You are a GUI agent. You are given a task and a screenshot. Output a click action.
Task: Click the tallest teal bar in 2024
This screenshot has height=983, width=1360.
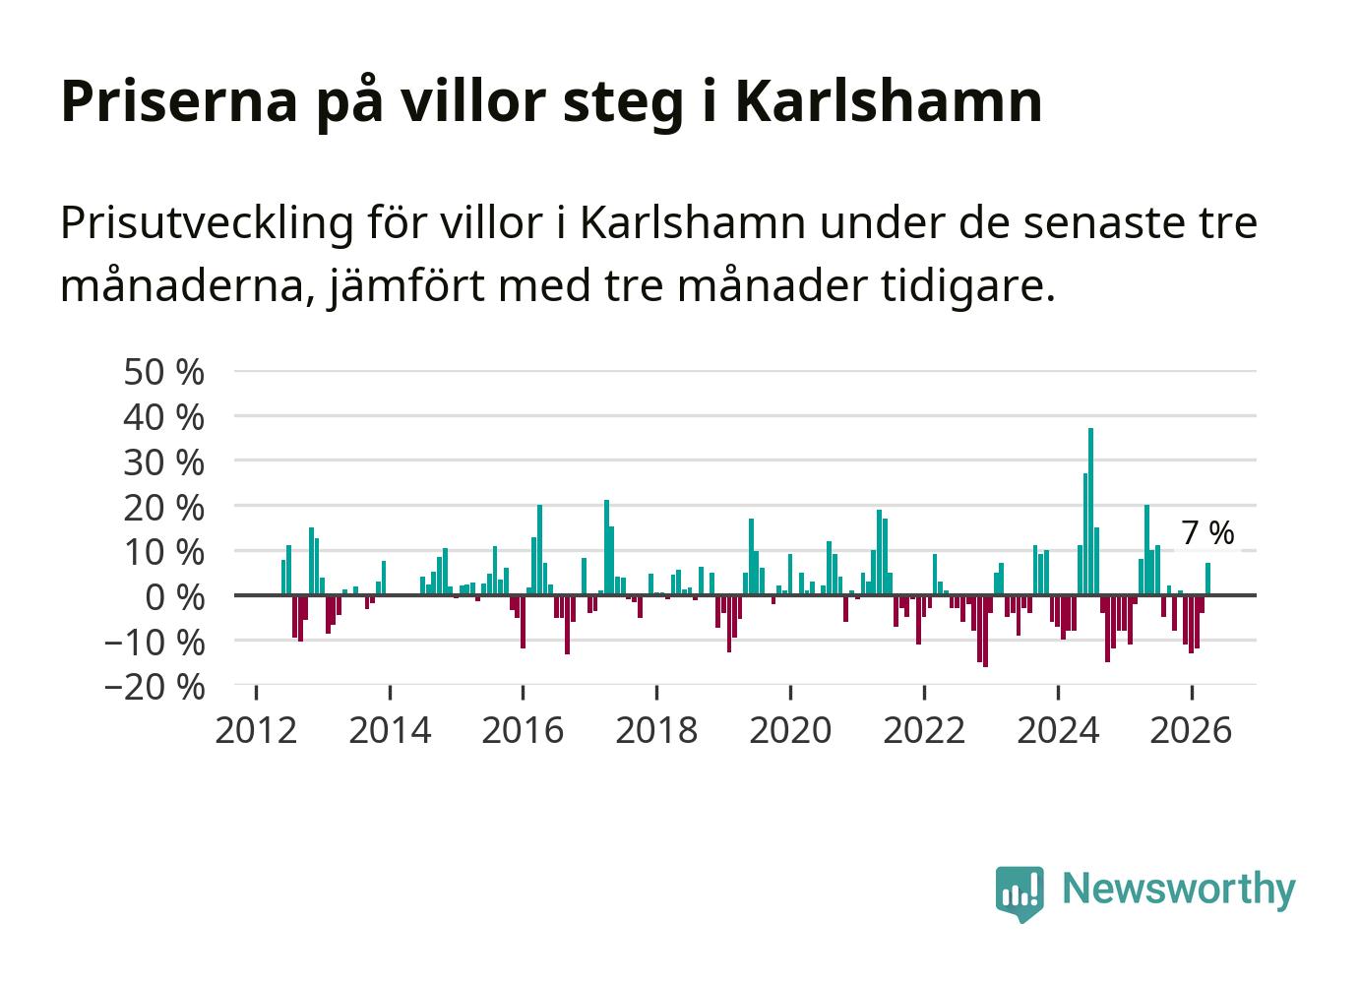(x=1091, y=512)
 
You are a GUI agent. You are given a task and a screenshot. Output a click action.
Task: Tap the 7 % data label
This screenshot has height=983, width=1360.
(x=1207, y=533)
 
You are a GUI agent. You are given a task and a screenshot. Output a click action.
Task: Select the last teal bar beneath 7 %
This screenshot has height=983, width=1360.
(x=1208, y=580)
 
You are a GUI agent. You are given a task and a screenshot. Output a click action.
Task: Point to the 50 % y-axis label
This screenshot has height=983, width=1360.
(x=164, y=372)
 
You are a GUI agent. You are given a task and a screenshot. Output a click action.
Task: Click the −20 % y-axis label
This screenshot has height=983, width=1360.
(x=155, y=687)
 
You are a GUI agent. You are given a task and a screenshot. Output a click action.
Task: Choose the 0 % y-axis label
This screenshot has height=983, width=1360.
(x=175, y=597)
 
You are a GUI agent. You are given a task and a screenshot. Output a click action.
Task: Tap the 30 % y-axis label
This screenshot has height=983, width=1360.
(x=164, y=462)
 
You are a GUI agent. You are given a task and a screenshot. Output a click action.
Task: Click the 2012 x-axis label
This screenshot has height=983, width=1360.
(x=256, y=730)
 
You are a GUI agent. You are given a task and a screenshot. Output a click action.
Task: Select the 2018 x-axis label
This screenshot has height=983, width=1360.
(x=656, y=730)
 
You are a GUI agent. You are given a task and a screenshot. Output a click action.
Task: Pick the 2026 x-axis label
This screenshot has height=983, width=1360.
(x=1191, y=730)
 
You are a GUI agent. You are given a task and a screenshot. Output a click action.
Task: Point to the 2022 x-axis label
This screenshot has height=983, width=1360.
(x=924, y=730)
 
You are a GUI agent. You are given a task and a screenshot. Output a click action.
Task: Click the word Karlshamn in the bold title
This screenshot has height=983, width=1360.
(x=889, y=100)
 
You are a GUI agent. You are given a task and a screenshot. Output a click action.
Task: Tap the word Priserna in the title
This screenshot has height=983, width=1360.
(x=179, y=100)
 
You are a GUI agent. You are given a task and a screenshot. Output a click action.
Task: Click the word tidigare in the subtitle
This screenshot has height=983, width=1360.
(x=967, y=287)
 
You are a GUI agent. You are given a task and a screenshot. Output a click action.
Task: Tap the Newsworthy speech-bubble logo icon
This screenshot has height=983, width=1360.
(x=1020, y=893)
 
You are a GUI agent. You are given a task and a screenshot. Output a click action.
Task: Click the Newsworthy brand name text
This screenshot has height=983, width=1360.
(x=1179, y=890)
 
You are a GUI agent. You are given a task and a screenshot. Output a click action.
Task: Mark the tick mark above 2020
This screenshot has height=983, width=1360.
(x=790, y=693)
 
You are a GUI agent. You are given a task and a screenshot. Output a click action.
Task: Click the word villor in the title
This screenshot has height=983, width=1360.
(x=474, y=100)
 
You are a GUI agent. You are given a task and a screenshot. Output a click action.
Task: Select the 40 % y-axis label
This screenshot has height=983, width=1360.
(x=164, y=418)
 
